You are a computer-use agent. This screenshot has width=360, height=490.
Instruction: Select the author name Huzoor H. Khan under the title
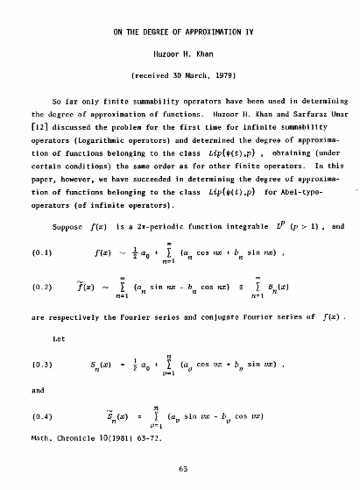(x=180, y=53)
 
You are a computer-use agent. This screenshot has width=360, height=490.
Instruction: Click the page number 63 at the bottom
(x=182, y=469)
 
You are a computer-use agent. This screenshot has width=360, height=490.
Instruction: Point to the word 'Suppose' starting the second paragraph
(x=67, y=227)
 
